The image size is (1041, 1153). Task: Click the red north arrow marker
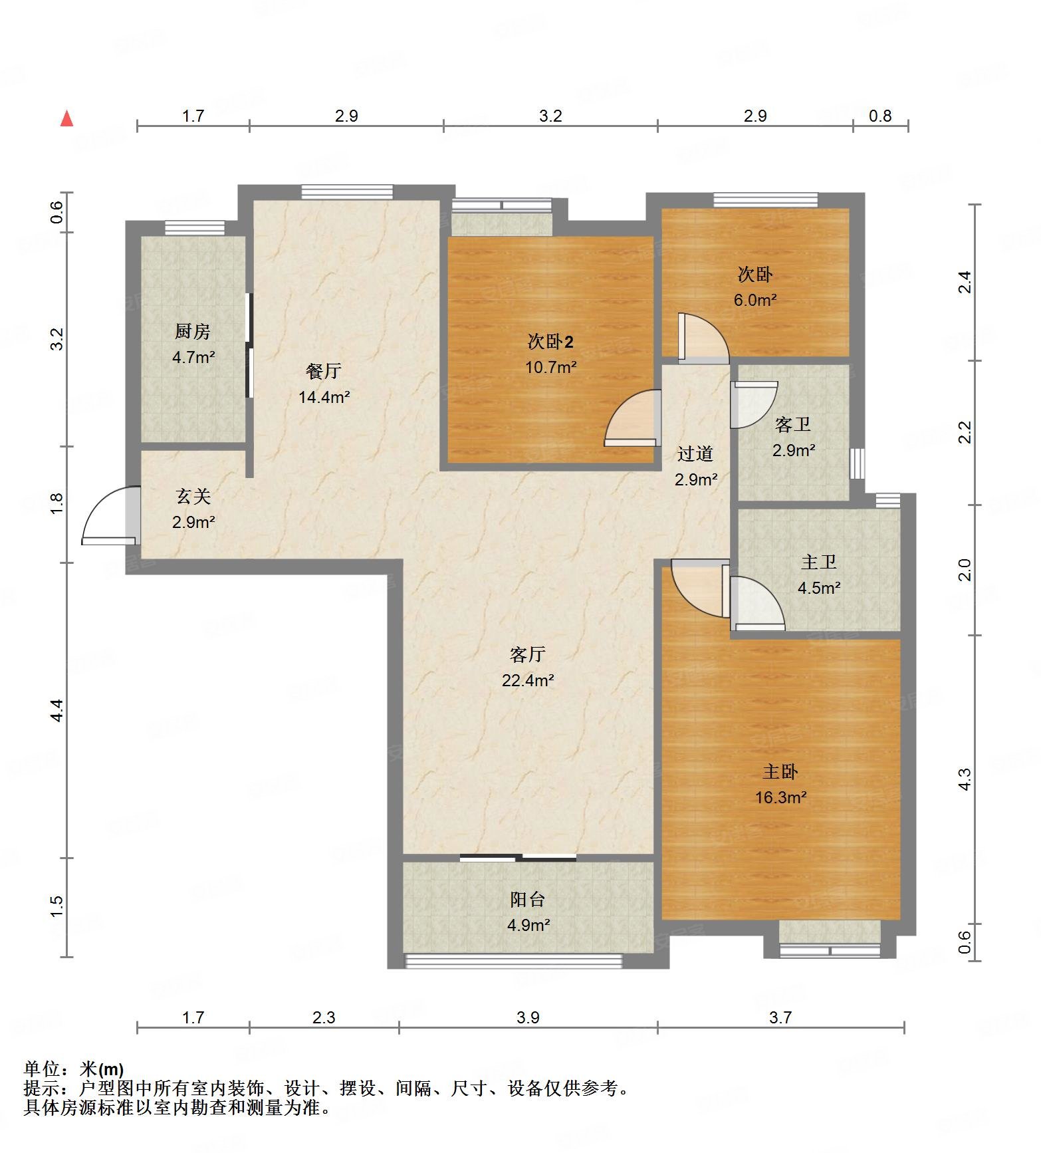click(66, 119)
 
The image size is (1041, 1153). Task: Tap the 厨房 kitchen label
click(193, 330)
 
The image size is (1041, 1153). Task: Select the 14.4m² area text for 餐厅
click(324, 397)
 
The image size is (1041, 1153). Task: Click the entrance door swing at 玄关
click(110, 517)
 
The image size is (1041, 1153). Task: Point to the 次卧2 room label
click(550, 342)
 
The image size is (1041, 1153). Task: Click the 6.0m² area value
click(755, 300)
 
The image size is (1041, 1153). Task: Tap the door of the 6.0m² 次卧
click(701, 339)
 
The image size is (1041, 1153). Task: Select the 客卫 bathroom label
click(793, 424)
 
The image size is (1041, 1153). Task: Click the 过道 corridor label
click(695, 453)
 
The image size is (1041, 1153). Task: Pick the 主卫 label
click(818, 562)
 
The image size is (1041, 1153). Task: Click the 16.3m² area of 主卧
click(780, 797)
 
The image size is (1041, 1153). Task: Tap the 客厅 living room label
click(527, 654)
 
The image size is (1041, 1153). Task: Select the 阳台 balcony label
click(527, 899)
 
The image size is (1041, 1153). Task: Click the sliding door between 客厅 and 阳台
click(518, 857)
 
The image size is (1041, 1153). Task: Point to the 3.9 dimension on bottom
click(528, 1017)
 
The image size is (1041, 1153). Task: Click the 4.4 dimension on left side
click(57, 710)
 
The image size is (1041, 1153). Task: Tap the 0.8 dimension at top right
click(880, 116)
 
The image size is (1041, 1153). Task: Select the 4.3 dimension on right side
click(965, 779)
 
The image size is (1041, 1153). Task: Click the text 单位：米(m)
click(74, 1069)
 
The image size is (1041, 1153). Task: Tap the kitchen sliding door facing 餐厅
click(249, 346)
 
